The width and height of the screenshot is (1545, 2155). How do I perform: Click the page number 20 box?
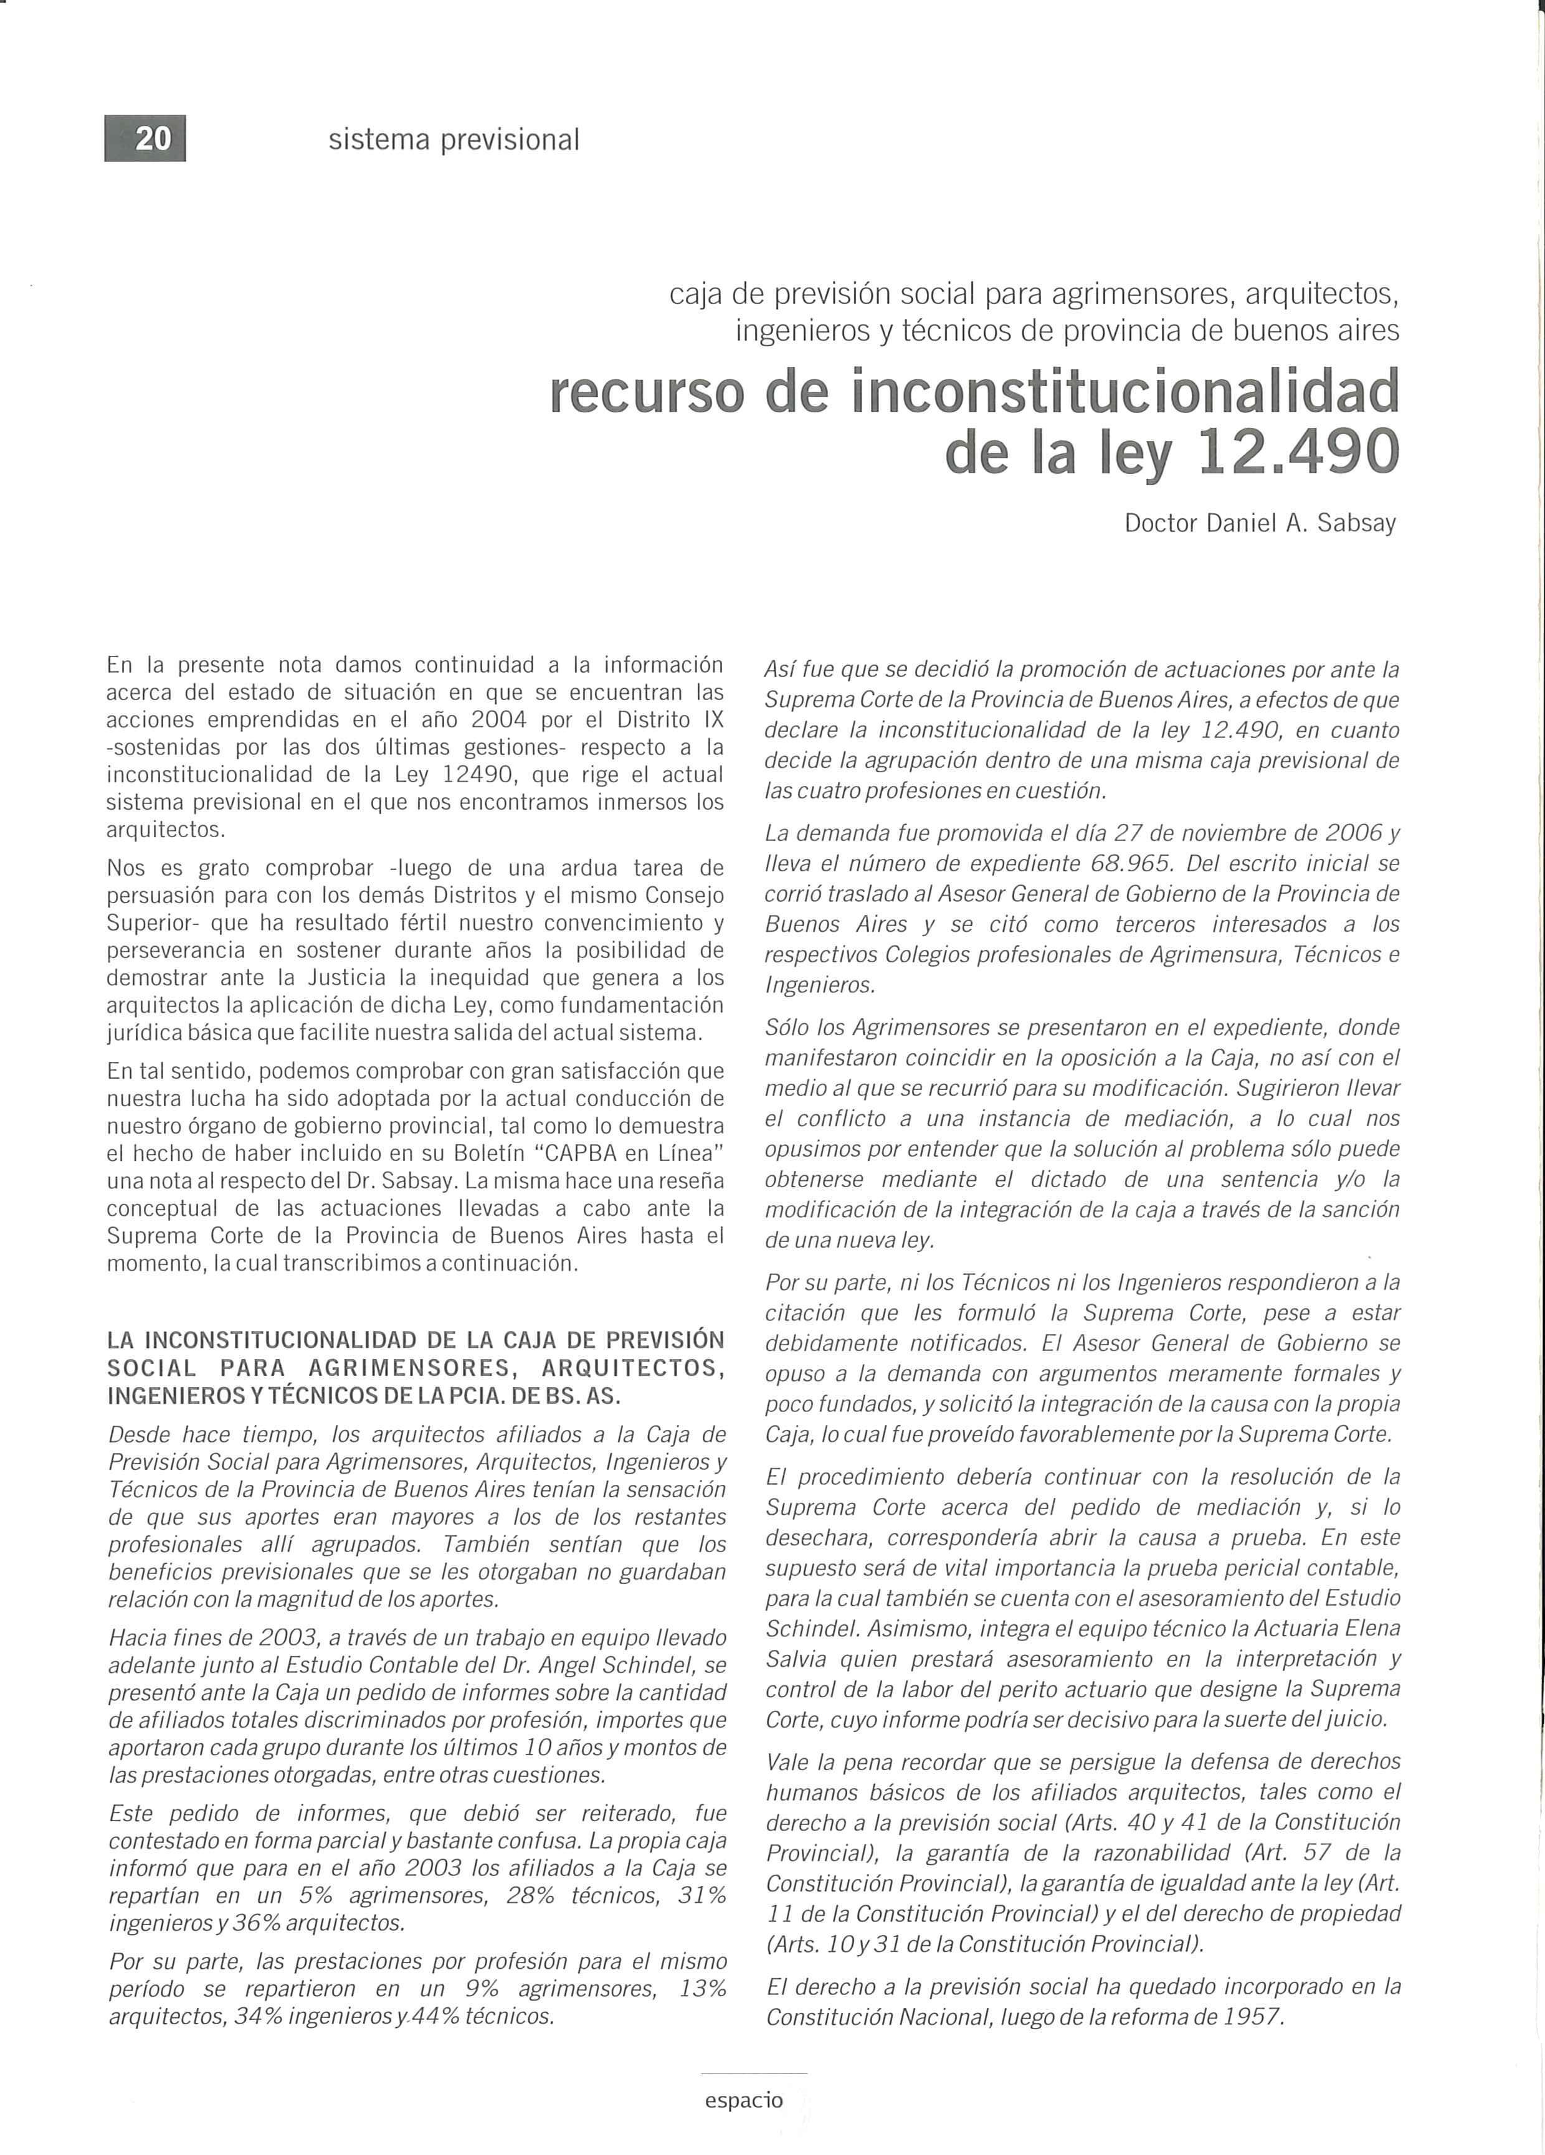[145, 139]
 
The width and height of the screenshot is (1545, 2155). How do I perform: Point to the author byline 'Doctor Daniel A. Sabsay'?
[1260, 524]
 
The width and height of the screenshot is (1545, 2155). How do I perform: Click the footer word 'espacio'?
[744, 2100]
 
